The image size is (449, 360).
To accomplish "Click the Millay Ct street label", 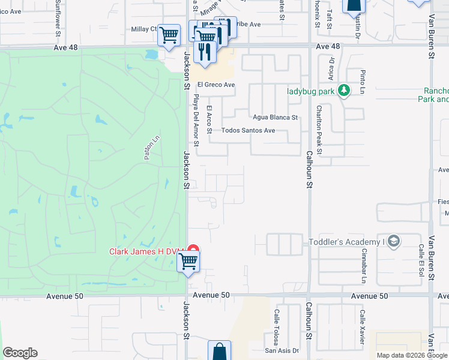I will click(x=143, y=29).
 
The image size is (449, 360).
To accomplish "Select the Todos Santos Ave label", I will click(x=248, y=130).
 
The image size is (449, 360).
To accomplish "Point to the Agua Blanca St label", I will click(x=276, y=118).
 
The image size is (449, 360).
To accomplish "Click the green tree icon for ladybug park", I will click(x=343, y=91).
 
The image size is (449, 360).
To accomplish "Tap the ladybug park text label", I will click(x=310, y=91).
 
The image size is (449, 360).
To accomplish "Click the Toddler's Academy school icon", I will click(x=393, y=242).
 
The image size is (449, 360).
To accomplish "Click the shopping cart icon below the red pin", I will click(x=188, y=262).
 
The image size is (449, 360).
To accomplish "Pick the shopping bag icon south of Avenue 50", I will click(x=220, y=351).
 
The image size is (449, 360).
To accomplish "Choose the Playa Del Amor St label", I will click(x=196, y=122).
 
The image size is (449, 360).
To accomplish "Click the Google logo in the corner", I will click(x=20, y=353).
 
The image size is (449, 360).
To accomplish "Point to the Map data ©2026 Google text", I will click(x=412, y=356).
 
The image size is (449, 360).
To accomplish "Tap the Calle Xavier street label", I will click(x=362, y=326).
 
